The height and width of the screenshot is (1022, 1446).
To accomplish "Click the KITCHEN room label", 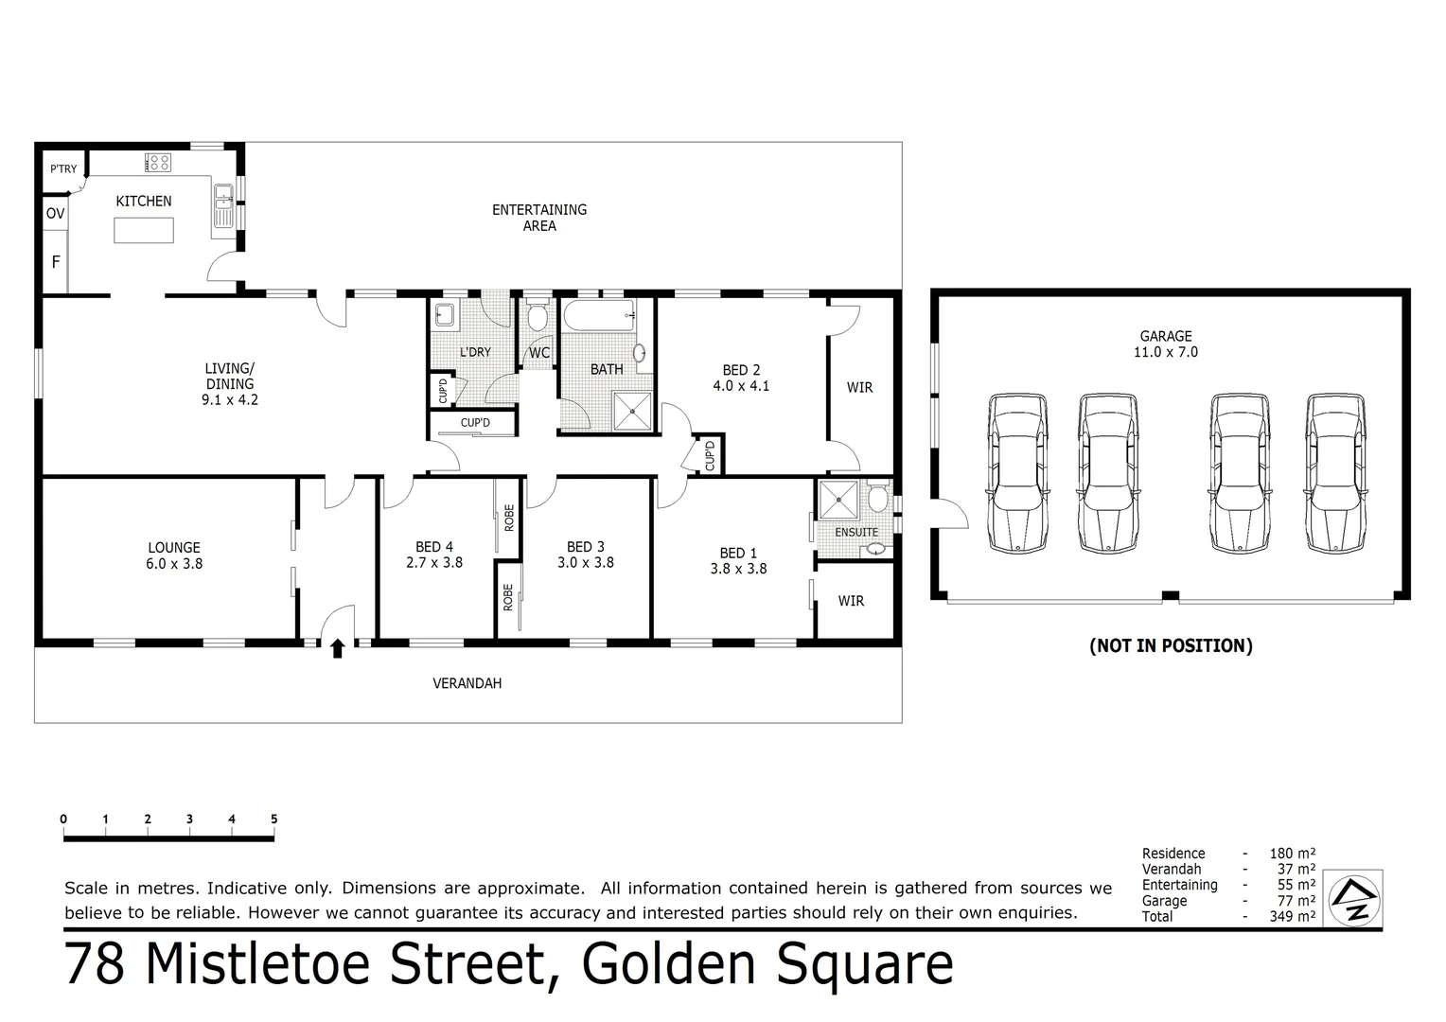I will point(144,201).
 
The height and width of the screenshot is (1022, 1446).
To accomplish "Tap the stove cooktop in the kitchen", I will point(158,162).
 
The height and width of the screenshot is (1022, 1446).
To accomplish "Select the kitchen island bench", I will point(144,230).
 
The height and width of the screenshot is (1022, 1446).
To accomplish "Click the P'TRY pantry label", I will point(63,169).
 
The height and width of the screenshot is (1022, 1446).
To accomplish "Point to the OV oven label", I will point(56,214).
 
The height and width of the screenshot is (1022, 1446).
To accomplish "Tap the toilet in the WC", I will point(538,315).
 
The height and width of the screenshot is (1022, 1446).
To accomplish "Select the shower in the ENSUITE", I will point(837,501).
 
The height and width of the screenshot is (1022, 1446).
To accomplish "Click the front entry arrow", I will point(337,648).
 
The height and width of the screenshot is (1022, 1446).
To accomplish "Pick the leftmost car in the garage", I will point(1017,472).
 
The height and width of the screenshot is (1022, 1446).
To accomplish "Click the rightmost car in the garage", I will point(1336,472).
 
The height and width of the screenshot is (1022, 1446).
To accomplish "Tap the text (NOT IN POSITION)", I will point(1171,645).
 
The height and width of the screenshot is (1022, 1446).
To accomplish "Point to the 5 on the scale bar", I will point(273,819).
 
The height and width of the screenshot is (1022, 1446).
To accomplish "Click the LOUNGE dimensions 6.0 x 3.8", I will point(174,564).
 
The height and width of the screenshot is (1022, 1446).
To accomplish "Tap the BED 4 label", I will point(434,546).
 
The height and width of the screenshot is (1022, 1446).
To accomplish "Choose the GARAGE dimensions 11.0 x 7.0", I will point(1166,352).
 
